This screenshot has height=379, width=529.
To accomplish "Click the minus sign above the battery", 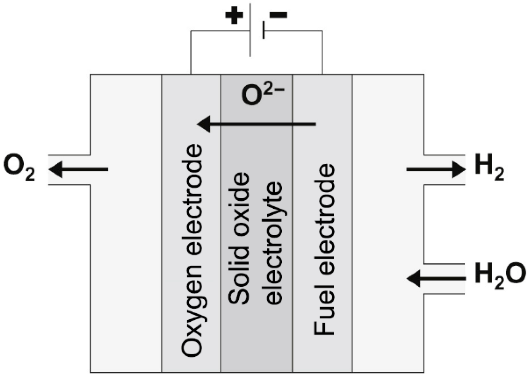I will [x=279, y=15].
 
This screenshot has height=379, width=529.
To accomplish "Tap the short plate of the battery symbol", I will [x=263, y=30].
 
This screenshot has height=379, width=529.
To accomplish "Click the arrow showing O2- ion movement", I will [x=256, y=124].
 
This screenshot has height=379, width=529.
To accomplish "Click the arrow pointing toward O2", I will [x=78, y=169].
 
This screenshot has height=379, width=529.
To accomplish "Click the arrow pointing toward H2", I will [x=435, y=169].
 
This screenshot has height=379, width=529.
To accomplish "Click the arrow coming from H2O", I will [x=435, y=278].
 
